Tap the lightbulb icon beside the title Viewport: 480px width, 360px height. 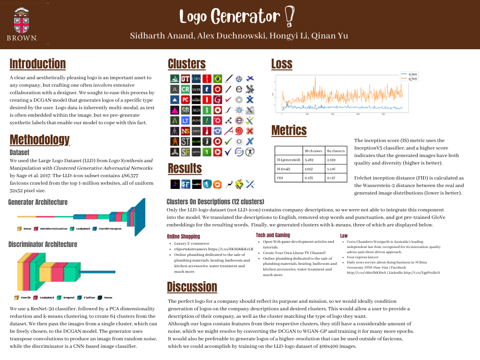[289, 17]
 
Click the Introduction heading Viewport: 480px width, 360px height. [37, 64]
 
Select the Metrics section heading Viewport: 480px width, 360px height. [289, 130]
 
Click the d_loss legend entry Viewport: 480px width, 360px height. [413, 74]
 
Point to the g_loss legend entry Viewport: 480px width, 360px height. [413, 78]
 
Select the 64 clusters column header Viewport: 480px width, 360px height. [336, 150]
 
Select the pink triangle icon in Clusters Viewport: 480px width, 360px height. [174, 110]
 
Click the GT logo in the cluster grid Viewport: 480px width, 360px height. [185, 79]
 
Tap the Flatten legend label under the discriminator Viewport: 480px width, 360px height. [90, 297]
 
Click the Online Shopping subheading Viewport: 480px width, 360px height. [183, 236]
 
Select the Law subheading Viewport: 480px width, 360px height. [344, 235]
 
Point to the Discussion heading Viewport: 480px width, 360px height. [192, 286]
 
